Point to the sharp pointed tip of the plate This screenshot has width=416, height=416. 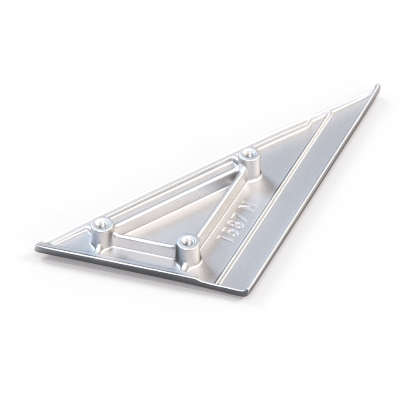click(379, 85)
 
